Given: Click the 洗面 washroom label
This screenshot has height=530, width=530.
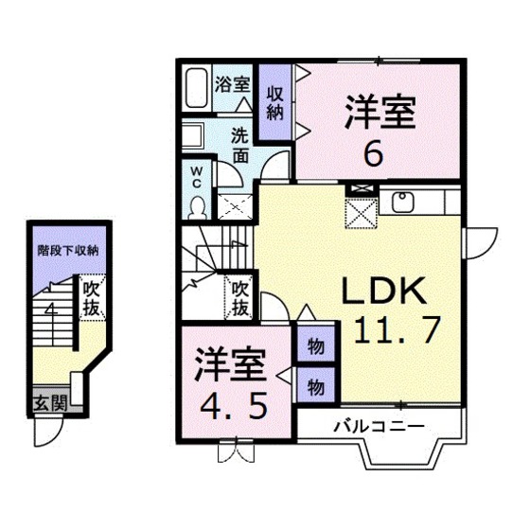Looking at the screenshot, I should (241, 143).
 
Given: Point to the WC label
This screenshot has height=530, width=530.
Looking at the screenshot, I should (197, 177).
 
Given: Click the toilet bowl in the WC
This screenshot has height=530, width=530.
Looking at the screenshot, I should (198, 204).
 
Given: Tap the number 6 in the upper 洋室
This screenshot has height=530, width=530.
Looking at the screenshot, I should (374, 153).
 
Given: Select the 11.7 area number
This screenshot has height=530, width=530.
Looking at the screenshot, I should (397, 329).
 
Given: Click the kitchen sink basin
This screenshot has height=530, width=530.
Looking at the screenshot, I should (400, 201).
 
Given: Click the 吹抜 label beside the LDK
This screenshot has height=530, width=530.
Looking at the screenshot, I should (240, 297).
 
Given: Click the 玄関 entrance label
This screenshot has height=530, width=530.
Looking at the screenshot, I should (50, 400).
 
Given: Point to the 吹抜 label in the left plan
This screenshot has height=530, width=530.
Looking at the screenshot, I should (91, 298).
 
